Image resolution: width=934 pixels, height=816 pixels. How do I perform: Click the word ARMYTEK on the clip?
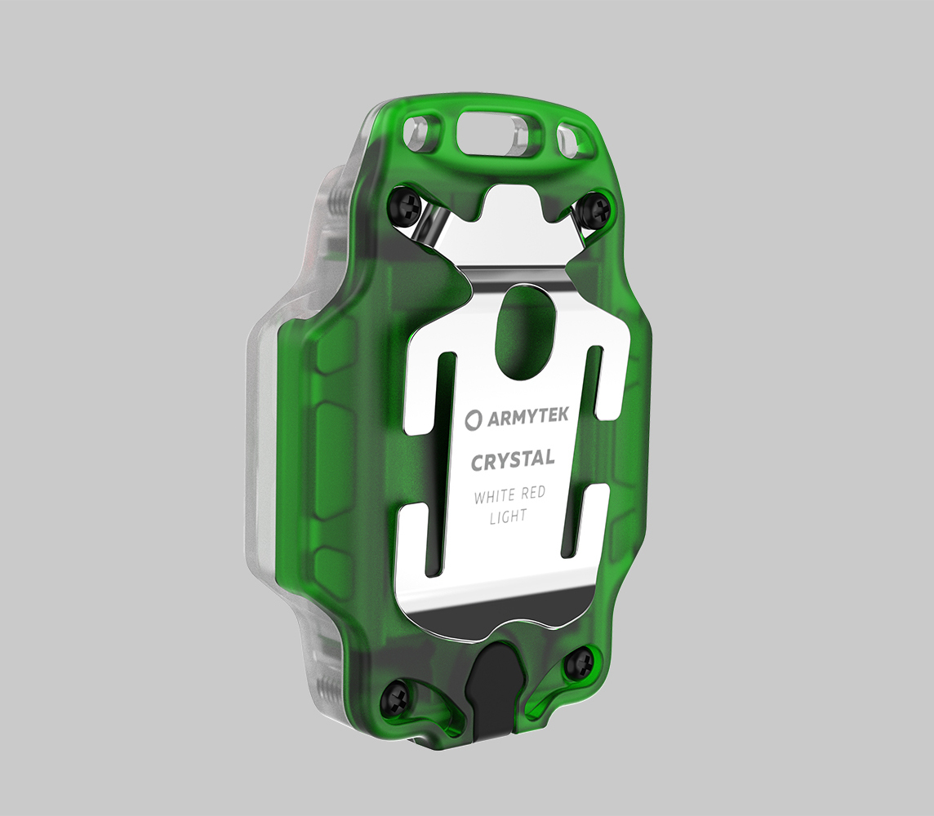pyautogui.click(x=527, y=417)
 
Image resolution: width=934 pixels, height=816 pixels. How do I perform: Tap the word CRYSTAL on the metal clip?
pyautogui.click(x=513, y=460)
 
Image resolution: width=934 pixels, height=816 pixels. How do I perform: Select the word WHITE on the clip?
pyautogui.click(x=495, y=496)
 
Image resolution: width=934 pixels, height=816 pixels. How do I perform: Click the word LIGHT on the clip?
pyautogui.click(x=508, y=517)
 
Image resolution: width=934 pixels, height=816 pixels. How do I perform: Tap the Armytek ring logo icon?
pyautogui.click(x=474, y=419)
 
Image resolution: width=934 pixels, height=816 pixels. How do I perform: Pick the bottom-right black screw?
pyautogui.click(x=579, y=662)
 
